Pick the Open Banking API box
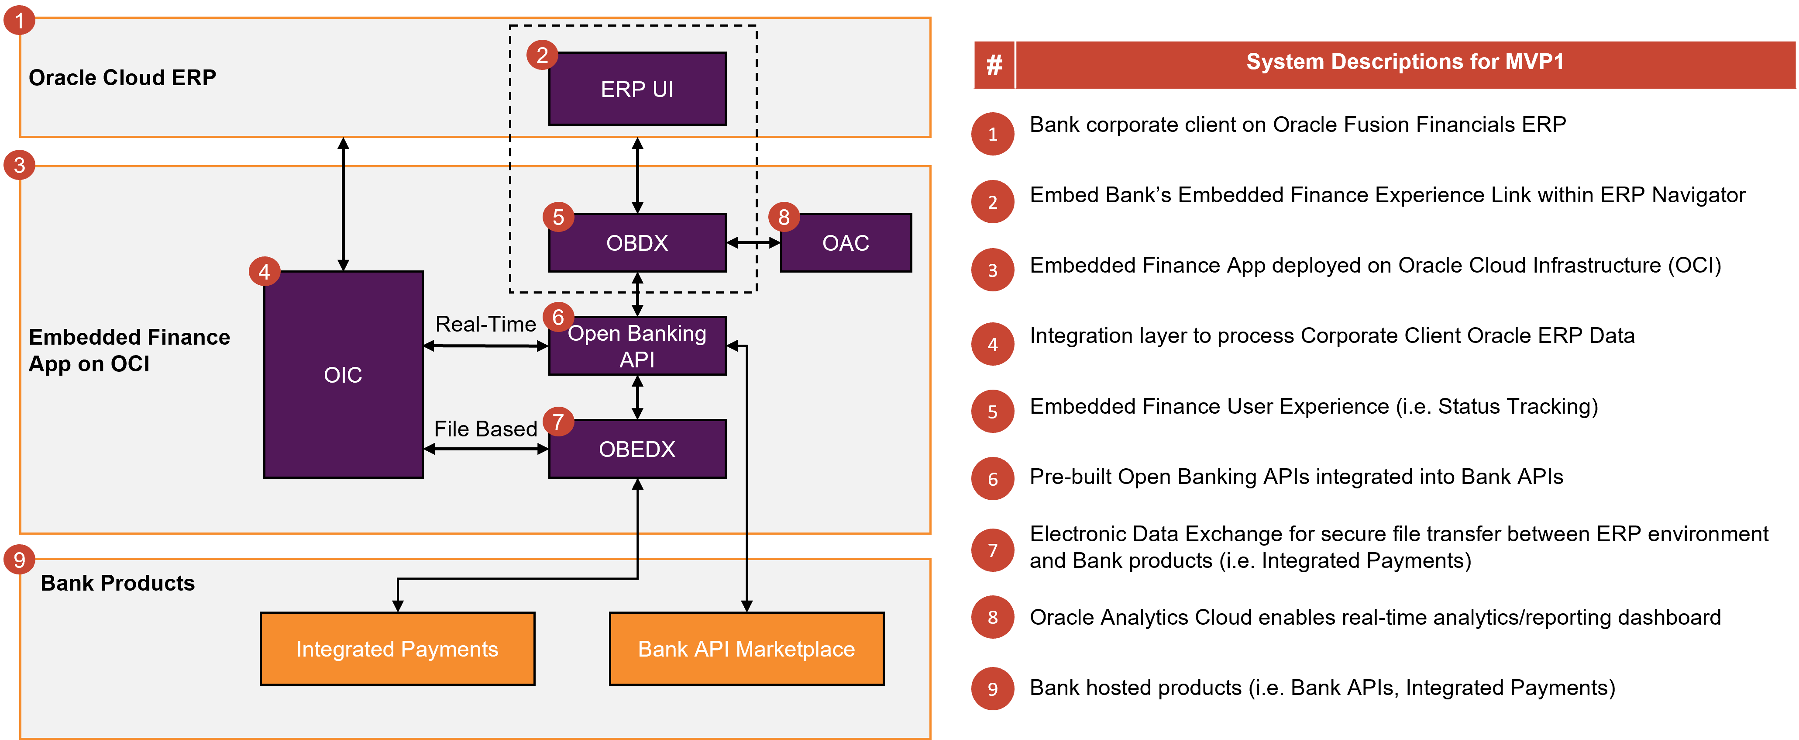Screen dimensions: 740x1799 (x=637, y=346)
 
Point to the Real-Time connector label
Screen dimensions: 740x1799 (x=485, y=324)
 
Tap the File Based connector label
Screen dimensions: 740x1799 (x=485, y=429)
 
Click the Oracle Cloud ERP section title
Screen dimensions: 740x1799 (x=122, y=78)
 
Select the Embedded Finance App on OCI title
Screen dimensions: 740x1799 (x=129, y=350)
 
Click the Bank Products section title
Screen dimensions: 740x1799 (x=117, y=583)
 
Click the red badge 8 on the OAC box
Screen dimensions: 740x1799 (x=784, y=217)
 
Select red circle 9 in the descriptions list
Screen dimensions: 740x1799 (x=992, y=689)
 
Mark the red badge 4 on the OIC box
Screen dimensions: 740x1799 (x=264, y=272)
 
